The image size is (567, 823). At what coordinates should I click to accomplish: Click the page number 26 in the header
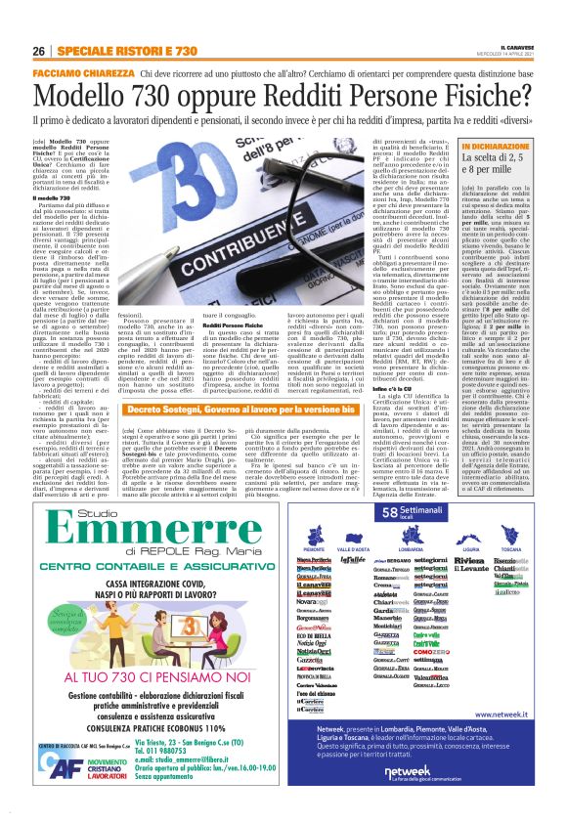(x=39, y=51)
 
